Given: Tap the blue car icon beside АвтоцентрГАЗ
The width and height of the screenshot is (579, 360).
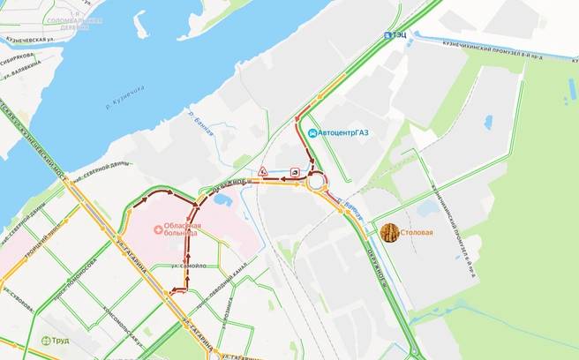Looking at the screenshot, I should coord(312,133).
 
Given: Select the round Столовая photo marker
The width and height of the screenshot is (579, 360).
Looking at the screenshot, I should coord(388,233).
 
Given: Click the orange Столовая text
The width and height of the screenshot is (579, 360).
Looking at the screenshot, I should coord(417,233).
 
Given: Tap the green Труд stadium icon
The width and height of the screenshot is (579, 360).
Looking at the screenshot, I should coord(46,341).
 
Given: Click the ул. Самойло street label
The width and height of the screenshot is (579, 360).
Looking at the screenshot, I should coord(190,266).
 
